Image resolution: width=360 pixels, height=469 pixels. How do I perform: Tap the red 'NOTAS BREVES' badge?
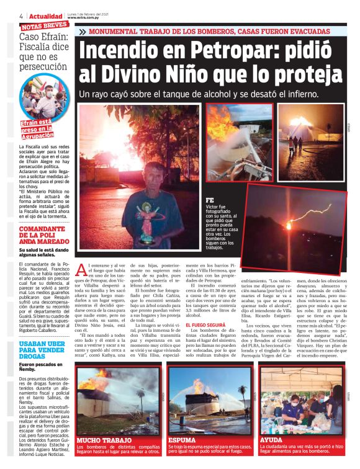[44, 26]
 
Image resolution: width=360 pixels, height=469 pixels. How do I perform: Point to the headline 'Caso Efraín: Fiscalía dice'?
[43, 44]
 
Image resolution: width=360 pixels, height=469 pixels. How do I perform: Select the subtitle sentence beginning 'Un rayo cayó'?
[199, 95]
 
